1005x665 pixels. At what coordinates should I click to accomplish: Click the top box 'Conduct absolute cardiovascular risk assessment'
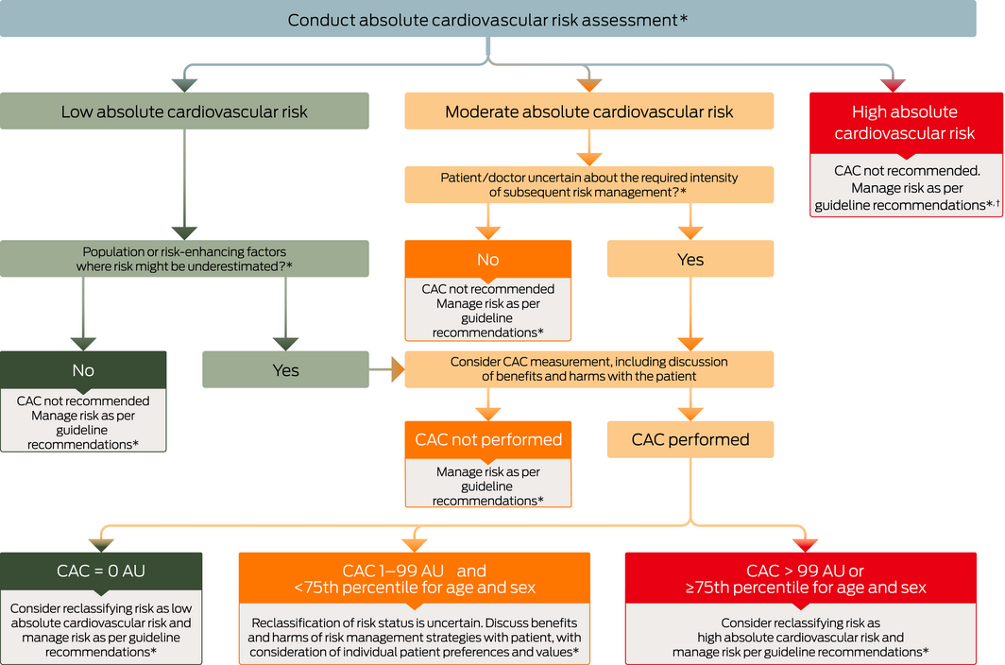[x=487, y=19]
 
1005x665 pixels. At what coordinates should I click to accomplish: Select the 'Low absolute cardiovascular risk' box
[x=184, y=111]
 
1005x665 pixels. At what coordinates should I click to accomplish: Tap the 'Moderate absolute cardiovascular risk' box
[x=588, y=111]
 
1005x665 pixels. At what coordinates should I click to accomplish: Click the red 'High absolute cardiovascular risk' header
[x=904, y=123]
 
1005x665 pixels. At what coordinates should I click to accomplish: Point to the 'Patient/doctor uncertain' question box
[x=588, y=184]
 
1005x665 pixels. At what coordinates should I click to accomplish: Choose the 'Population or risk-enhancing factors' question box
[x=184, y=259]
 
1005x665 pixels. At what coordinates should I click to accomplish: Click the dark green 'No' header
[x=83, y=369]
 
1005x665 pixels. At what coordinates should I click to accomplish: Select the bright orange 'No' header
[x=487, y=259]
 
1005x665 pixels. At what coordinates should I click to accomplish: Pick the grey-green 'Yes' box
[x=285, y=369]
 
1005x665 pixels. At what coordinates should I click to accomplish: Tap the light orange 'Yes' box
[x=690, y=259]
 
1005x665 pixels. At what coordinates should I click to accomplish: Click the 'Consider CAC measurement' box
[x=588, y=369]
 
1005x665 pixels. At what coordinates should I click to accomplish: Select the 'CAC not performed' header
[x=487, y=439]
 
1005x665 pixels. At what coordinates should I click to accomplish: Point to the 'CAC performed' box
[x=690, y=439]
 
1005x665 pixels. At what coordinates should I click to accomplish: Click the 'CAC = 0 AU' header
[x=101, y=570]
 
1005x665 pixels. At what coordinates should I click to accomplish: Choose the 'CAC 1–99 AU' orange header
[x=414, y=578]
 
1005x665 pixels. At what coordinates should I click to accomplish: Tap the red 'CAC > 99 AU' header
[x=805, y=578]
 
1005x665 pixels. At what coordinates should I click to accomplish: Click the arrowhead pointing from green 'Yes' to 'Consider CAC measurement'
[x=397, y=369]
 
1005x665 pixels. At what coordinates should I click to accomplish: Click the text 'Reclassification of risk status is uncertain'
[x=414, y=622]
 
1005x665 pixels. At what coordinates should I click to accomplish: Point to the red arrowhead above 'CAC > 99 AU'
[x=805, y=545]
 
